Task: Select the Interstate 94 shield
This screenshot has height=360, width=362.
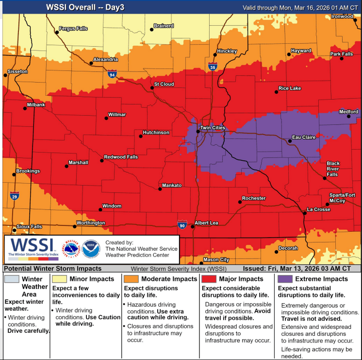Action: [112, 74]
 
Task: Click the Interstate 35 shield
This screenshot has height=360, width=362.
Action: [213, 67]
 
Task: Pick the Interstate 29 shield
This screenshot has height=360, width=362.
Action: [15, 196]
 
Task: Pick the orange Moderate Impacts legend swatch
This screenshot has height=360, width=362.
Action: [131, 279]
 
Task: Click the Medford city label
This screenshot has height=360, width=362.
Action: [348, 112]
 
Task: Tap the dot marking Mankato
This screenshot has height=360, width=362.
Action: [160, 189]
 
